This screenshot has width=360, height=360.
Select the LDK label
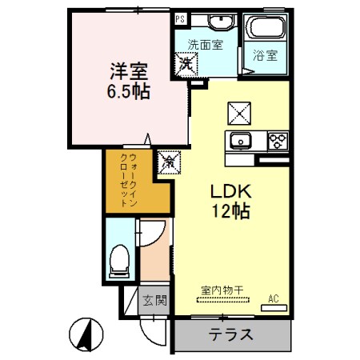coord(231,193)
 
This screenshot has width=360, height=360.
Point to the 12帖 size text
coord(231,212)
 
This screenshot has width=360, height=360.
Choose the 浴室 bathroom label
coord(266,56)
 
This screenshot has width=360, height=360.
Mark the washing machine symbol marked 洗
coord(186,62)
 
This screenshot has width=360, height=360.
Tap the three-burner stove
coord(277,141)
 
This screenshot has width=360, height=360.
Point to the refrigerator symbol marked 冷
coord(170,162)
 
